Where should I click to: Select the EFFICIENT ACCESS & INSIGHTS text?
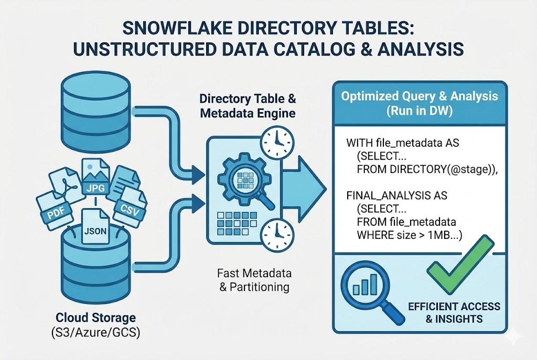454,312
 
